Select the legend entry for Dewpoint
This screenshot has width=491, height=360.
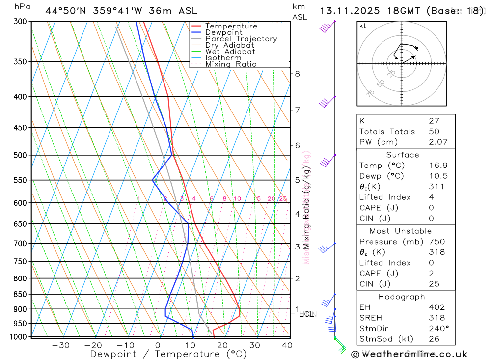tap(224, 32)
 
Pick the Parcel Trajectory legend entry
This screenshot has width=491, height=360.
tap(241, 39)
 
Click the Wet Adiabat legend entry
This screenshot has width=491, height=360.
tap(230, 52)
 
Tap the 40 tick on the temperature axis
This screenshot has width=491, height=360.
tap(287, 345)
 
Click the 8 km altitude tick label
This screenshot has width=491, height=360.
tap(297, 74)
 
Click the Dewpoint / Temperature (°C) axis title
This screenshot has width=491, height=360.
tap(168, 354)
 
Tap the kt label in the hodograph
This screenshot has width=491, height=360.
tap(363, 26)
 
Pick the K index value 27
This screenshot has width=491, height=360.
tap(434, 121)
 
